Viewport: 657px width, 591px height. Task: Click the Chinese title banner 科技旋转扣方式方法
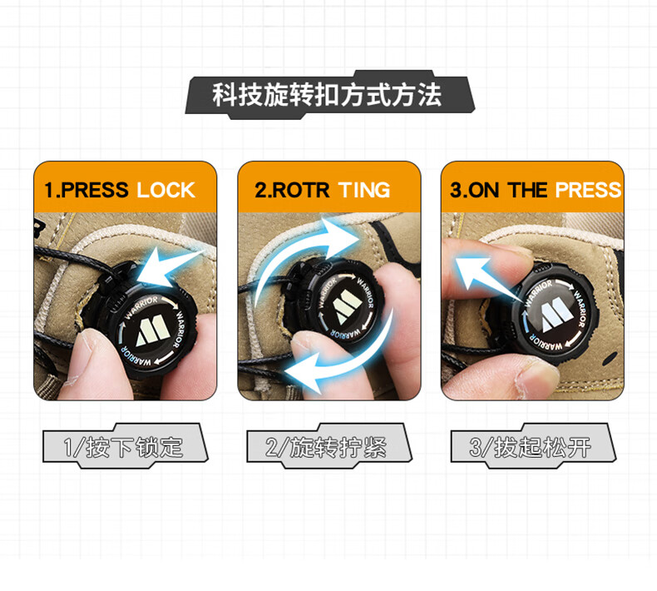(x=327, y=95)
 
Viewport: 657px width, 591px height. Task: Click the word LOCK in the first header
(x=166, y=190)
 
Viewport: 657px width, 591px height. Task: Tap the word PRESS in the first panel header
(x=95, y=190)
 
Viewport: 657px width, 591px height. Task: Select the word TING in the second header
(x=364, y=190)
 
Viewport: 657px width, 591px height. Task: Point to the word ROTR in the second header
(x=301, y=190)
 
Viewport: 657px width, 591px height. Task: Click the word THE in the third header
(x=528, y=190)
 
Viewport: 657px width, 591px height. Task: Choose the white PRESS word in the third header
(x=588, y=190)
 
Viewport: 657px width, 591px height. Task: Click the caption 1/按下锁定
(x=123, y=447)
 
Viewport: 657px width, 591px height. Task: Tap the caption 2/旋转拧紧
(x=326, y=447)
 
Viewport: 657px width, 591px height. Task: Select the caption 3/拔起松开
(x=530, y=447)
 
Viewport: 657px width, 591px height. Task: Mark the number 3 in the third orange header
(x=456, y=190)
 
